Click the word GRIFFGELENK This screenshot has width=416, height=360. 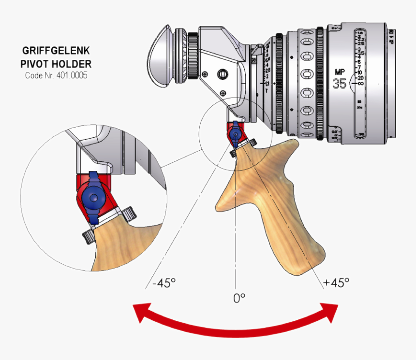click(56, 50)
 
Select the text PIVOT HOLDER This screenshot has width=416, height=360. click(56, 63)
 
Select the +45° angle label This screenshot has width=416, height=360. click(337, 282)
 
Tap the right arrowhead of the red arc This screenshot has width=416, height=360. click(330, 312)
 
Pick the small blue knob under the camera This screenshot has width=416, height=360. click(236, 132)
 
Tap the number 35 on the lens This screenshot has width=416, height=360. click(340, 83)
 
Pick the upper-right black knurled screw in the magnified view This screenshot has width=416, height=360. click(130, 213)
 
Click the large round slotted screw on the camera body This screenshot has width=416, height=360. click(223, 73)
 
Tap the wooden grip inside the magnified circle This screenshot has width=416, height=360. click(121, 246)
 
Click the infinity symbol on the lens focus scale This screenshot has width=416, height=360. click(359, 84)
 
